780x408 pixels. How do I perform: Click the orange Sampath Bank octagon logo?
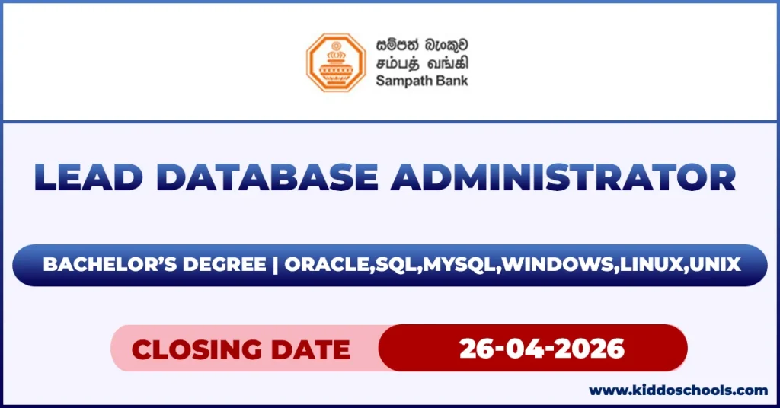[336, 62]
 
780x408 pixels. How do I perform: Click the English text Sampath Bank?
[421, 81]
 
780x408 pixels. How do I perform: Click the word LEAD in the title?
[84, 178]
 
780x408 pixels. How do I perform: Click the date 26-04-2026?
[542, 349]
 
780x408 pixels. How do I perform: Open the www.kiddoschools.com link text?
[679, 390]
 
